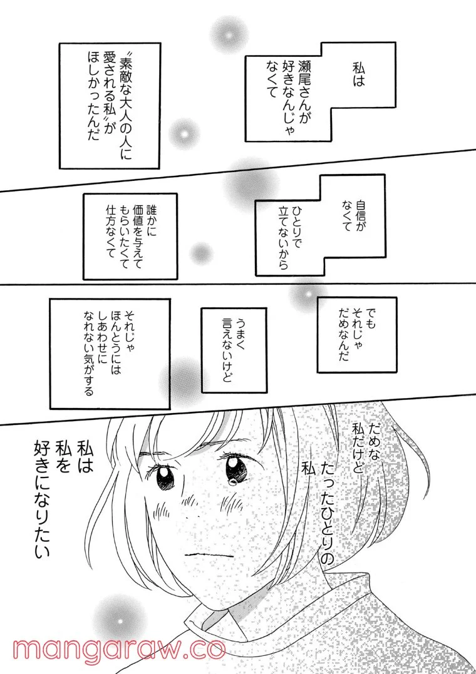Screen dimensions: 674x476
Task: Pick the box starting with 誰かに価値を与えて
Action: click(x=130, y=235)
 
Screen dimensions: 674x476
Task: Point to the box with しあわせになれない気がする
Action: click(x=109, y=354)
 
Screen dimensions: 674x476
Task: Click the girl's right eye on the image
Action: click(x=235, y=466)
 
